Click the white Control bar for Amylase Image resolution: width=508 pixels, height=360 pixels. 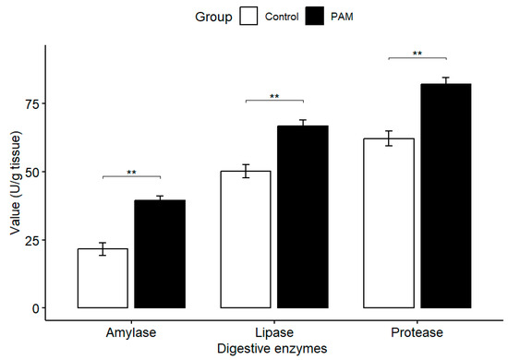point(103,278)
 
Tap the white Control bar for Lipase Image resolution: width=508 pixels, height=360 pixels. point(246,239)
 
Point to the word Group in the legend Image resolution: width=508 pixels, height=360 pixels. point(213,16)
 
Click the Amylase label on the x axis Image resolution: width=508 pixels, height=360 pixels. point(131,332)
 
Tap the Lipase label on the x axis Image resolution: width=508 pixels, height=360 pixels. point(274,332)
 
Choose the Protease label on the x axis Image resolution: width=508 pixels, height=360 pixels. point(417,332)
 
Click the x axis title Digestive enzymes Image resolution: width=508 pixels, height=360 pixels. point(274,349)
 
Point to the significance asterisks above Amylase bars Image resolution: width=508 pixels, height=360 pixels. point(131,172)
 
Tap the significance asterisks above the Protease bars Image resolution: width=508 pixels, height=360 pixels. point(417,54)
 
